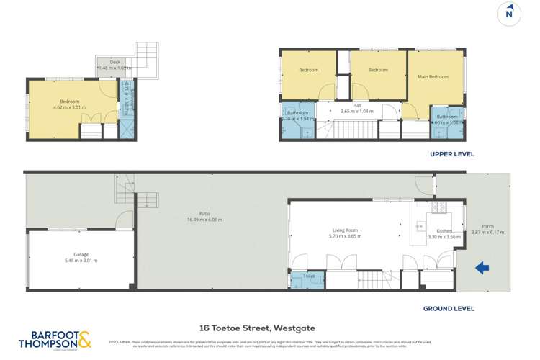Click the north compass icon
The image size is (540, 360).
[x=509, y=13]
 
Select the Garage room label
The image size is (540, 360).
[x=81, y=254]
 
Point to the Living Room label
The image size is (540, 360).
[x=343, y=230]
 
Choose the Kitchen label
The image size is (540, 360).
[x=444, y=230]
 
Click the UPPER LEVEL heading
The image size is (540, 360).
[x=452, y=154]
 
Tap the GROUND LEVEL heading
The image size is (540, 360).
[x=449, y=308]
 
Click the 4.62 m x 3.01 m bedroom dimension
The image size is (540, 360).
[x=70, y=107]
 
